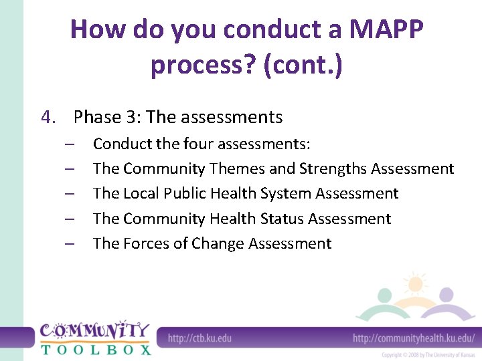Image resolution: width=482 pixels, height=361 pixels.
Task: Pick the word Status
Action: [281, 219]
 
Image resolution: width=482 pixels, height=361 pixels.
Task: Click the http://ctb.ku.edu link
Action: [199, 338]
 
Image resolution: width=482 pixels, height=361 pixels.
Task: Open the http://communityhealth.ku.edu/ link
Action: [413, 338]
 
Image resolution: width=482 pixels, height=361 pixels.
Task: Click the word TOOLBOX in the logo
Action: [95, 348]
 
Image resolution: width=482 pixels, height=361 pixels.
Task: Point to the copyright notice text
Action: [428, 355]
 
